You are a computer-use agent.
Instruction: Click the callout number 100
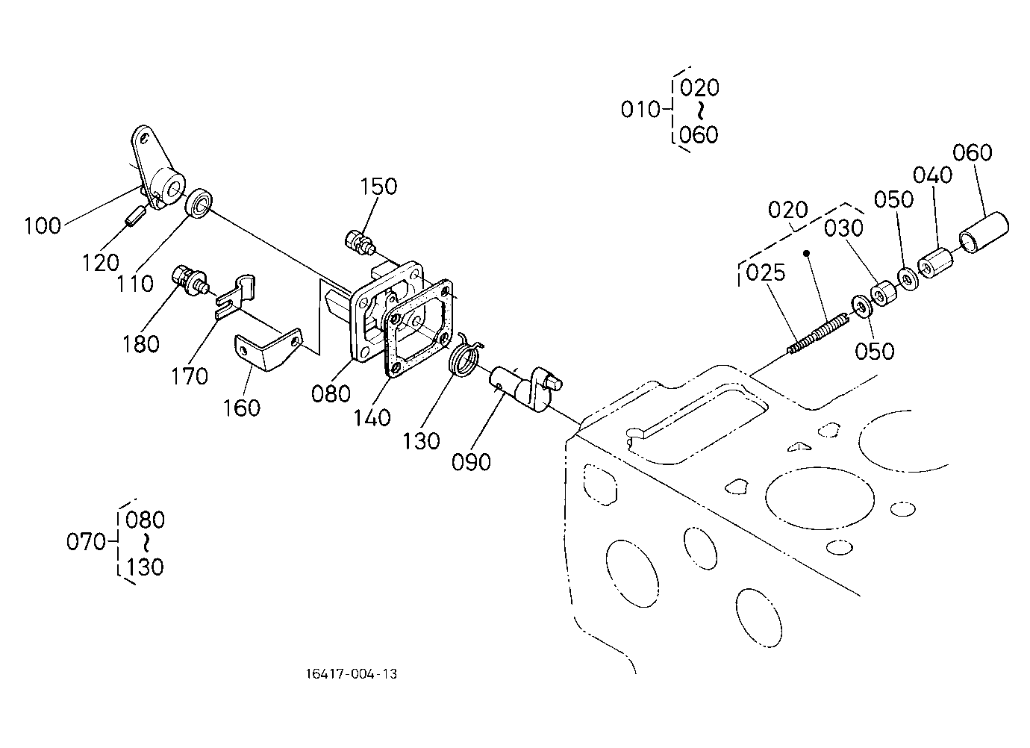[43, 226]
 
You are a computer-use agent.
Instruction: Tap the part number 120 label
[101, 263]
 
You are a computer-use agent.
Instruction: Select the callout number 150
[378, 187]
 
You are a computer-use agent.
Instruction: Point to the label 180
[141, 343]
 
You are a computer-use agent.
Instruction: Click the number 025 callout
[766, 272]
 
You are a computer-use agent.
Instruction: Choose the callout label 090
[471, 462]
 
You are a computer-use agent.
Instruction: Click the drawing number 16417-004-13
[352, 674]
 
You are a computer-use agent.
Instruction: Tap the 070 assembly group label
[86, 542]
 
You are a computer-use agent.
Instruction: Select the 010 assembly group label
[640, 110]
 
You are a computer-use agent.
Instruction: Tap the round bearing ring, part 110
[199, 203]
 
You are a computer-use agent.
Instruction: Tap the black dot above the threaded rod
[805, 253]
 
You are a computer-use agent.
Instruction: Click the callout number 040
[932, 175]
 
